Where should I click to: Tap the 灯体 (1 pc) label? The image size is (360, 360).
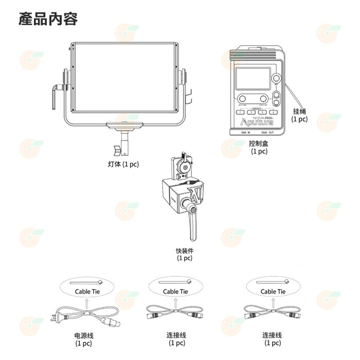(123, 164)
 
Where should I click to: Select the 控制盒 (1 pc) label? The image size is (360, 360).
(259, 147)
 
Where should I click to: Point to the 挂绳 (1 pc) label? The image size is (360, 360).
(299, 115)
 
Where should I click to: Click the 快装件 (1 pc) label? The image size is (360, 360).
(184, 254)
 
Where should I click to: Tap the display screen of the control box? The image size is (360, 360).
(253, 79)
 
